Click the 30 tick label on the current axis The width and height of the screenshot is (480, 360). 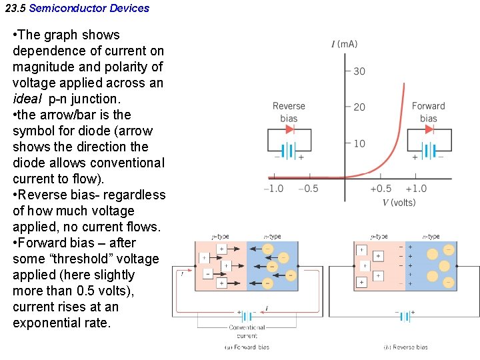pyautogui.click(x=359, y=71)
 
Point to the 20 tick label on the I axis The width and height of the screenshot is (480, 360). pyautogui.click(x=359, y=107)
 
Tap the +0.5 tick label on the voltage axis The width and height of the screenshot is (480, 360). pyautogui.click(x=381, y=189)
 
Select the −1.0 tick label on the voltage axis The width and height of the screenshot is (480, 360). pyautogui.click(x=273, y=189)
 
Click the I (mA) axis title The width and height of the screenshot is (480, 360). pyautogui.click(x=344, y=45)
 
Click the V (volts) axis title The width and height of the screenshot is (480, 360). pyautogui.click(x=399, y=203)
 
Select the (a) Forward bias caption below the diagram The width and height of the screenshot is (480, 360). pyautogui.click(x=247, y=347)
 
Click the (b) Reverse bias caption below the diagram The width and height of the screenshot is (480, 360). pyautogui.click(x=405, y=347)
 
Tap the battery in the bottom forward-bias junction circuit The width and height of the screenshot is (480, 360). pyautogui.click(x=247, y=316)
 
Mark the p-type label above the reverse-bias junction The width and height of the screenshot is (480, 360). pyautogui.click(x=379, y=237)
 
